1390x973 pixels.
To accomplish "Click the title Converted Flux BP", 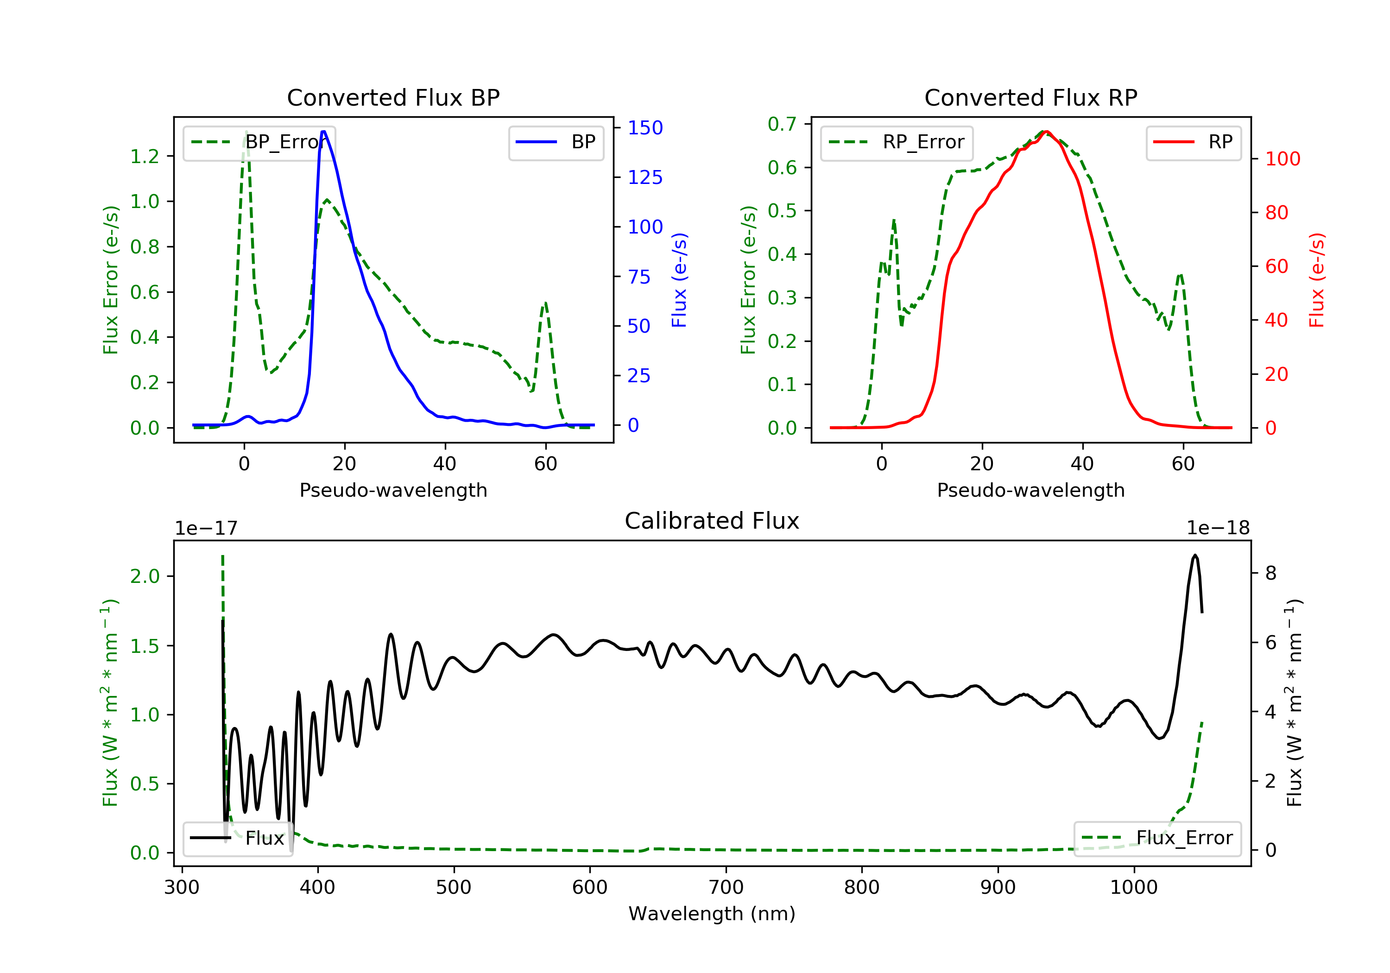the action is pyautogui.click(x=393, y=97).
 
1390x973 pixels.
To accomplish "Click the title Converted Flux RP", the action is pyautogui.click(x=1031, y=97).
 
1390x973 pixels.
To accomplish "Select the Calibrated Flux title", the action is pyautogui.click(x=712, y=521).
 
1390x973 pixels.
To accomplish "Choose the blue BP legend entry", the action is pyautogui.click(x=556, y=142).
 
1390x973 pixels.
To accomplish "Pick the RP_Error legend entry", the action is pyautogui.click(x=897, y=142).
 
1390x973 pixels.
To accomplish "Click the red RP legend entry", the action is pyautogui.click(x=1193, y=142).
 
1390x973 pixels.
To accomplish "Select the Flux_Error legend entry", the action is pyautogui.click(x=1157, y=838).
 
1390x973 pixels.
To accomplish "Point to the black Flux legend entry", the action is pyautogui.click(x=237, y=838).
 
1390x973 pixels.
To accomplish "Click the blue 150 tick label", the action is pyautogui.click(x=645, y=128).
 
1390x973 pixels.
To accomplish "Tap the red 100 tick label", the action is pyautogui.click(x=1283, y=159).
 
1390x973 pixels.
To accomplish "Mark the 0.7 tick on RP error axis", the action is pyautogui.click(x=782, y=124).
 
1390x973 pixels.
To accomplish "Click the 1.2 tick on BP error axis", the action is pyautogui.click(x=145, y=157).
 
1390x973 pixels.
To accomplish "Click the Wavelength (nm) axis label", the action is pyautogui.click(x=712, y=914).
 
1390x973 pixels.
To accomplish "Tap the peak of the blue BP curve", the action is pyautogui.click(x=324, y=132).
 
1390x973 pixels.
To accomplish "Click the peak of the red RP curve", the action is pyautogui.click(x=1046, y=132).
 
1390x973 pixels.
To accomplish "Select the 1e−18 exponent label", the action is pyautogui.click(x=1218, y=528).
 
